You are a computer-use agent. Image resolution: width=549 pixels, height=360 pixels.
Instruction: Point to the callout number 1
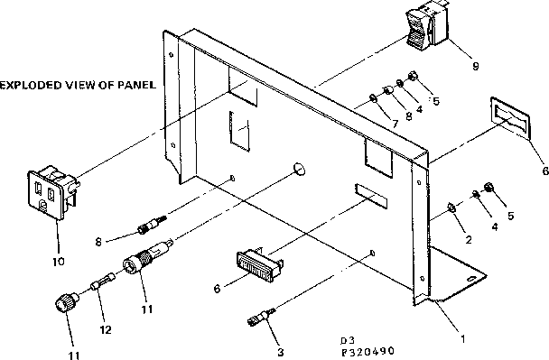464,339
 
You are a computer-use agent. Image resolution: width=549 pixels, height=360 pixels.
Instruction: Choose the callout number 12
105,304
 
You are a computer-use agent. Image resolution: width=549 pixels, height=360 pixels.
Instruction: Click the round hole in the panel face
301,169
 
